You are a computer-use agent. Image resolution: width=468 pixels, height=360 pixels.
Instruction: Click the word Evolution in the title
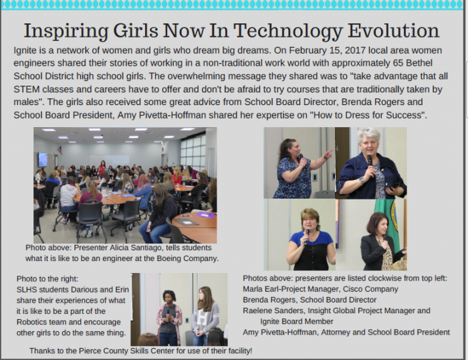(393, 31)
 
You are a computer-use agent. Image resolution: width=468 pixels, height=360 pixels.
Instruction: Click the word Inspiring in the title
(66, 31)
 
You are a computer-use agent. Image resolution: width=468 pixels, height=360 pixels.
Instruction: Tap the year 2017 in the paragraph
(355, 50)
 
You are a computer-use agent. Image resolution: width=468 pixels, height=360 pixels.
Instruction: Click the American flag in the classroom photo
(60, 150)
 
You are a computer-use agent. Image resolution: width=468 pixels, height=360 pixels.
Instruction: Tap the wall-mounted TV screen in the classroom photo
(43, 159)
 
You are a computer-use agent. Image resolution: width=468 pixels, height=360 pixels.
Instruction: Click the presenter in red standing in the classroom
(102, 168)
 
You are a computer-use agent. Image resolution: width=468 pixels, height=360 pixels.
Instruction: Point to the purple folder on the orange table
(206, 215)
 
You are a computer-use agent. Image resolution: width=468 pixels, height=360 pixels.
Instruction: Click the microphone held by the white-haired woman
(370, 161)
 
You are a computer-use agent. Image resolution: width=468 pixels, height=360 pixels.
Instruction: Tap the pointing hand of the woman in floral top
(328, 153)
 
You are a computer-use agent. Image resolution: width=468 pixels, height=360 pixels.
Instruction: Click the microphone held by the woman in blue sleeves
(306, 236)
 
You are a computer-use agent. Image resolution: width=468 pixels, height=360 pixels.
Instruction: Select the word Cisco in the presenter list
(354, 289)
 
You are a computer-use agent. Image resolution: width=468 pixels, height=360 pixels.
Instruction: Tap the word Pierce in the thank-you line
(89, 351)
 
